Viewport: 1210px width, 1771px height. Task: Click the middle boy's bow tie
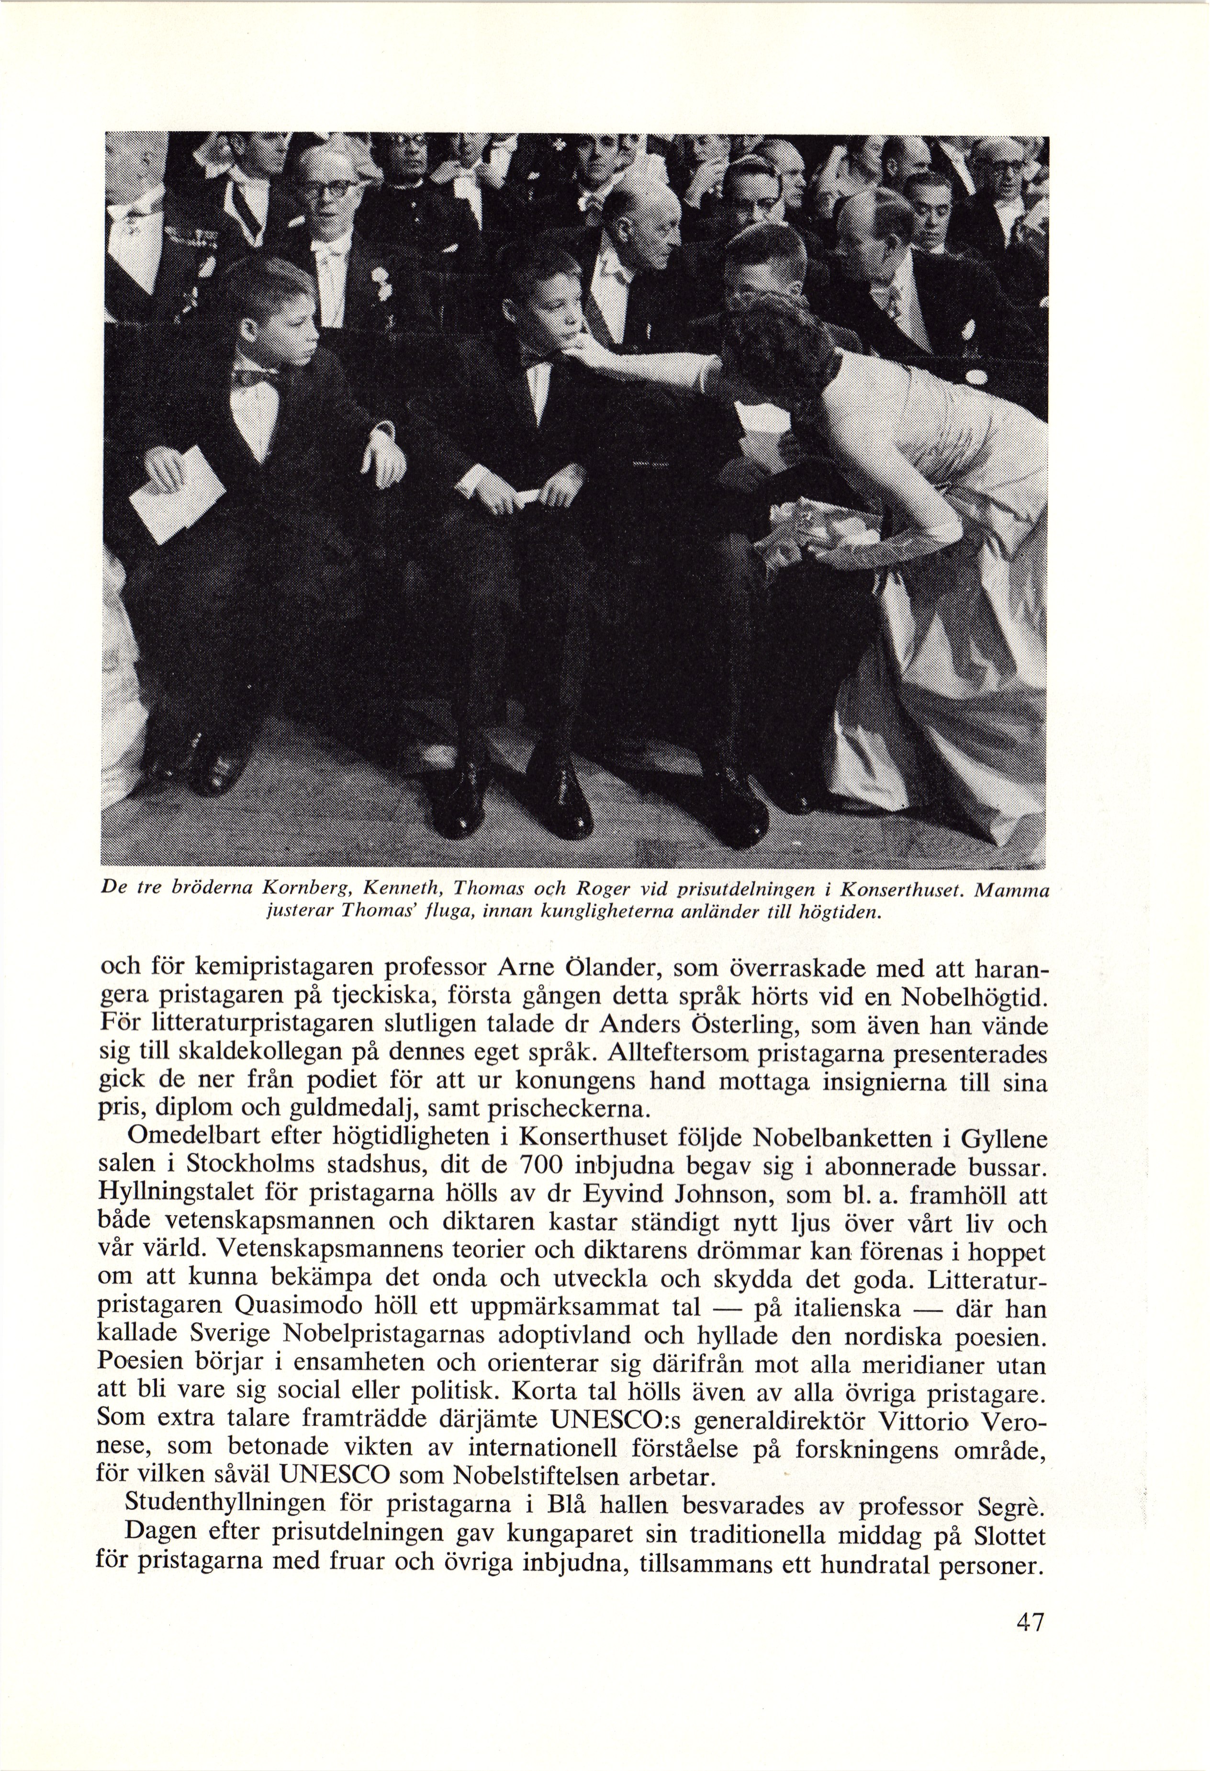coord(539,357)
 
